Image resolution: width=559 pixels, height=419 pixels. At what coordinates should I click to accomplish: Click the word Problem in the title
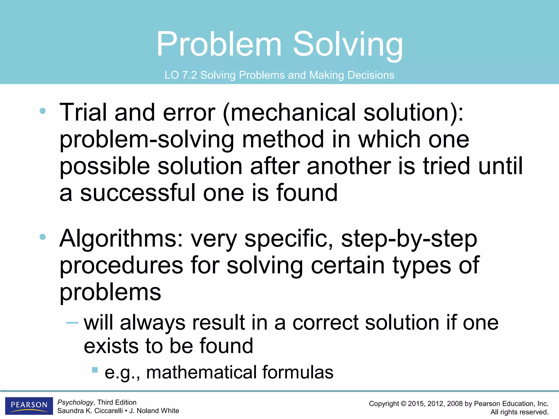(219, 44)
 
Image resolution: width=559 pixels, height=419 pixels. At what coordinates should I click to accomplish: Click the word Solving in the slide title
(348, 44)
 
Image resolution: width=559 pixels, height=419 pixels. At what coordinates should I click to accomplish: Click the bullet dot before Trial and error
(43, 111)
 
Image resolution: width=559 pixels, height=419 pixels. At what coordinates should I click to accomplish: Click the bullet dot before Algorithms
(43, 237)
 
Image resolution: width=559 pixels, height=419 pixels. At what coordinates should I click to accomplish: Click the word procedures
(121, 265)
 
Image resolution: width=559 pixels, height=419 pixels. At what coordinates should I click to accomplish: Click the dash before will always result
(72, 323)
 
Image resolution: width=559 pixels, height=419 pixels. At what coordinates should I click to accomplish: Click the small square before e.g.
(95, 370)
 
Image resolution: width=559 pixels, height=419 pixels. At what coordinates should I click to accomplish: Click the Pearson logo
(29, 405)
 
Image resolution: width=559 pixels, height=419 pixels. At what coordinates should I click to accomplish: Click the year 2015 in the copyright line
(416, 404)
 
